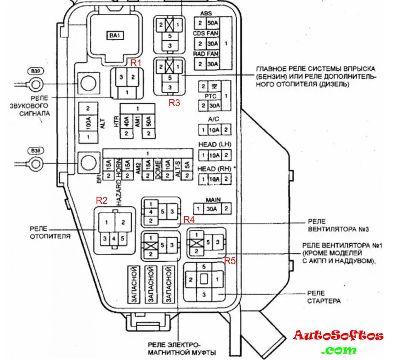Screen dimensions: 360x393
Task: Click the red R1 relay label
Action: click(135, 63)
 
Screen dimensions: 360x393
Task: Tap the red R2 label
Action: click(102, 200)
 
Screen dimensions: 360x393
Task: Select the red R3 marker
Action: click(175, 103)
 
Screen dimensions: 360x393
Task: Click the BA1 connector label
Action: click(115, 35)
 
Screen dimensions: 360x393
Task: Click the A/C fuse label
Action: click(213, 119)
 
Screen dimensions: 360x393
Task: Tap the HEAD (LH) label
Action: click(214, 145)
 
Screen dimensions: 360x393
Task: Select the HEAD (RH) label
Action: click(214, 169)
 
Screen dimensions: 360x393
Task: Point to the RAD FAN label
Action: click(206, 54)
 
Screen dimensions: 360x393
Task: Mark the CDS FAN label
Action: click(206, 33)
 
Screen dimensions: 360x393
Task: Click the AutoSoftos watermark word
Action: click(338, 336)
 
